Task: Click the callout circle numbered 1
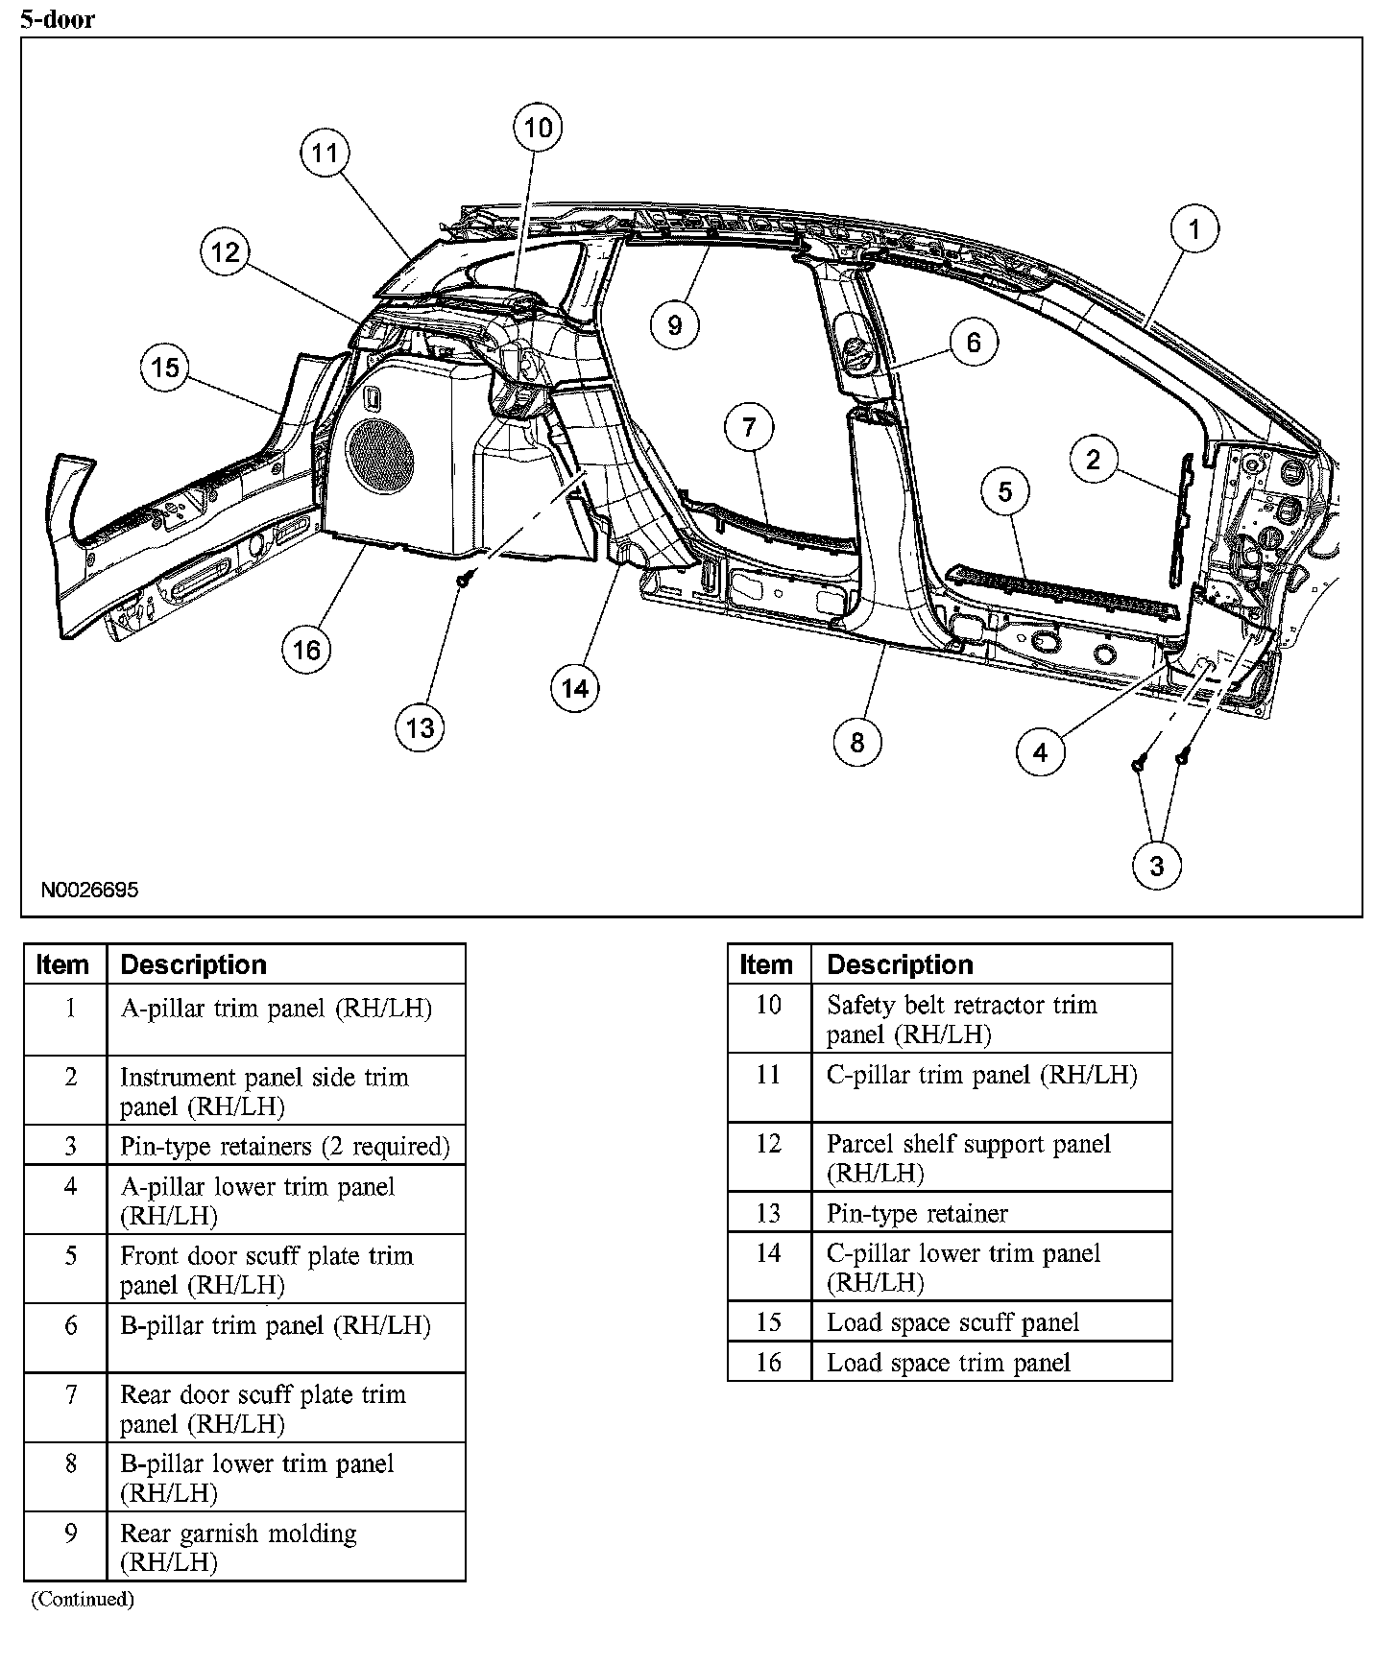point(1194,229)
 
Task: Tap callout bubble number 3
point(1156,866)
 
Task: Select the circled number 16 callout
point(306,650)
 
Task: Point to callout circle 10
point(538,128)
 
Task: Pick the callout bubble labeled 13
point(421,727)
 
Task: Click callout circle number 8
point(856,741)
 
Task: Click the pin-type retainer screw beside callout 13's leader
point(466,580)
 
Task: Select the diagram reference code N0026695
point(89,890)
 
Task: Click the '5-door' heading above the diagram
point(58,19)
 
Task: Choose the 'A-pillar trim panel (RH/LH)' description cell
point(277,1009)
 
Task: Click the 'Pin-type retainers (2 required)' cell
point(285,1146)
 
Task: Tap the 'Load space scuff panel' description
point(953,1322)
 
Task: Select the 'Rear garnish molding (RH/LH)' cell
point(238,1547)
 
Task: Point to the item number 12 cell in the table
point(769,1145)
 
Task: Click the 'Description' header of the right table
point(900,964)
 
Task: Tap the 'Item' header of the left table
point(63,964)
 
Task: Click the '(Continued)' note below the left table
point(83,1599)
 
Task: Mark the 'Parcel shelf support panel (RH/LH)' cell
point(968,1157)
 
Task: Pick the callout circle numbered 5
point(1004,491)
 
